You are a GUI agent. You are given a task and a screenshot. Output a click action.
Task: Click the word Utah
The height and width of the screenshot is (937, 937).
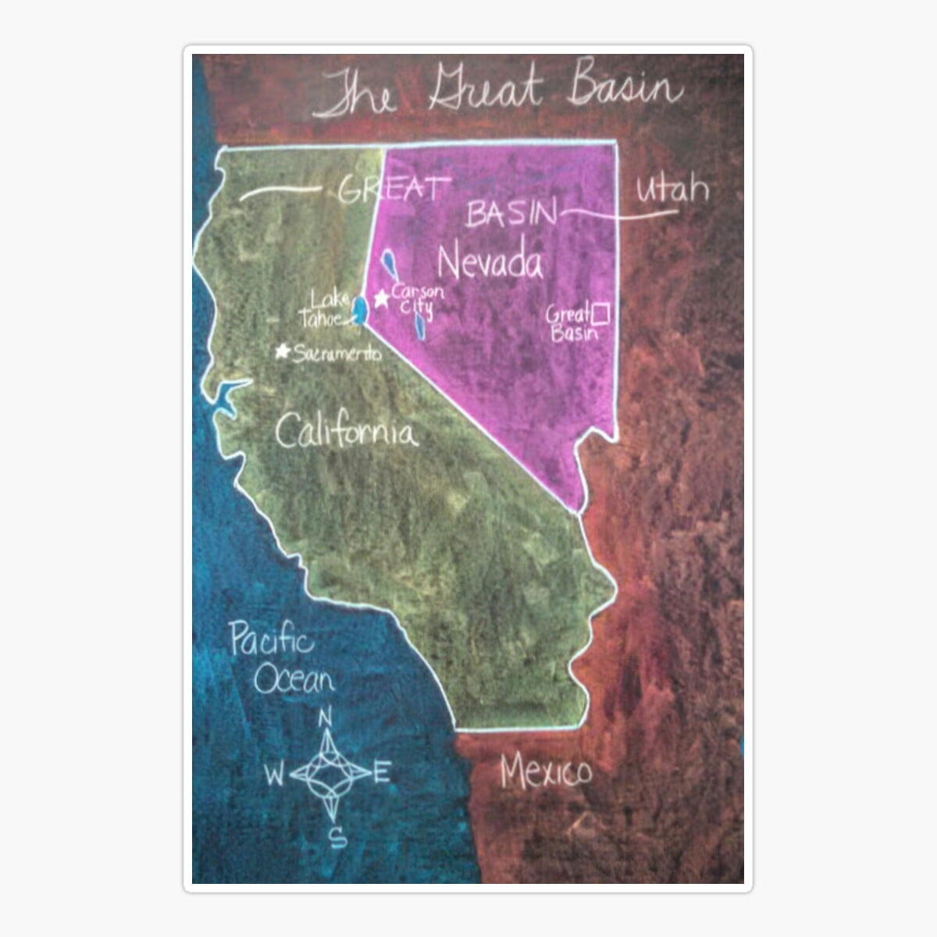(672, 190)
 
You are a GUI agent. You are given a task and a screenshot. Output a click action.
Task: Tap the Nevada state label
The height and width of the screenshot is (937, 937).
(490, 262)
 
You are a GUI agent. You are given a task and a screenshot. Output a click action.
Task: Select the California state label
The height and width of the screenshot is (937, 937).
(347, 431)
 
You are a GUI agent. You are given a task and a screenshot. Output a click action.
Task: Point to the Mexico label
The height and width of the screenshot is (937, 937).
(546, 771)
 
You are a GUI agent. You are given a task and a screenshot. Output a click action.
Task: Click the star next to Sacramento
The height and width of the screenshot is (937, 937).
(283, 351)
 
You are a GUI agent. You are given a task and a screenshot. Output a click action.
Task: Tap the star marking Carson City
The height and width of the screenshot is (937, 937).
(382, 298)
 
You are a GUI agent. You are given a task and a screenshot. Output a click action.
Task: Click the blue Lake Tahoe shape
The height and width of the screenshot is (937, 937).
(360, 309)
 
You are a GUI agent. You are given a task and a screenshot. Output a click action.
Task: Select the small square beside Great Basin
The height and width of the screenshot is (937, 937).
(600, 314)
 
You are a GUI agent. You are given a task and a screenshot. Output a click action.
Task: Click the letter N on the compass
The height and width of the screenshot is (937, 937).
(326, 716)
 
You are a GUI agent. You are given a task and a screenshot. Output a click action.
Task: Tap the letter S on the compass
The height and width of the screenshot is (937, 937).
(337, 838)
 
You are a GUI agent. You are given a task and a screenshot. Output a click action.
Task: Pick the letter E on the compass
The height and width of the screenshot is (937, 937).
(382, 774)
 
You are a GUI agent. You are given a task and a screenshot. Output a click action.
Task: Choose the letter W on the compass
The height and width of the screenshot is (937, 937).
(274, 775)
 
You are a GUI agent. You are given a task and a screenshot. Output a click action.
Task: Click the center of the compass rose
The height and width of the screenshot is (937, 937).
(330, 775)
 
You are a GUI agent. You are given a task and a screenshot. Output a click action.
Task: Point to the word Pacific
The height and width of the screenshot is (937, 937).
(272, 641)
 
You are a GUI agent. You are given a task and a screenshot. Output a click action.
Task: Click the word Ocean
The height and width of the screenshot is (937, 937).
(294, 680)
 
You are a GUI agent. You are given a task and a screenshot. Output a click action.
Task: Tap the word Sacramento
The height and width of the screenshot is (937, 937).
(337, 354)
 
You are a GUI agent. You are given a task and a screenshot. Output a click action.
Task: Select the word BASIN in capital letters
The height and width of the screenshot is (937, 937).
(512, 214)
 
